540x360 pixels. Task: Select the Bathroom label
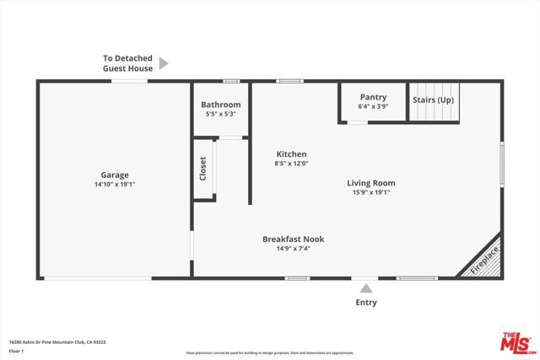click(223, 105)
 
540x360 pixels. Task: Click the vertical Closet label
click(202, 169)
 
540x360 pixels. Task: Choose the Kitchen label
click(291, 154)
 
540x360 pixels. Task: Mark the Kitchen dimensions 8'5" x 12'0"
click(291, 164)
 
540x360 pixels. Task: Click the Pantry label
click(373, 97)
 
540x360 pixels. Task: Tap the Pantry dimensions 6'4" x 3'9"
click(373, 106)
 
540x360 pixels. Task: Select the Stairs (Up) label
click(434, 99)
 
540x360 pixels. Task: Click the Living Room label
click(370, 183)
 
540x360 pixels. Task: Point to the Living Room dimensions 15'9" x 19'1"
click(370, 192)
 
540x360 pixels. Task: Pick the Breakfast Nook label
click(293, 239)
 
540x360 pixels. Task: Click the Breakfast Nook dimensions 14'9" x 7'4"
click(293, 249)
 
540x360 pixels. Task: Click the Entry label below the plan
click(366, 303)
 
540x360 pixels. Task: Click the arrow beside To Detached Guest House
click(164, 63)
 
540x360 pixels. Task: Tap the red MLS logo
click(517, 341)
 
